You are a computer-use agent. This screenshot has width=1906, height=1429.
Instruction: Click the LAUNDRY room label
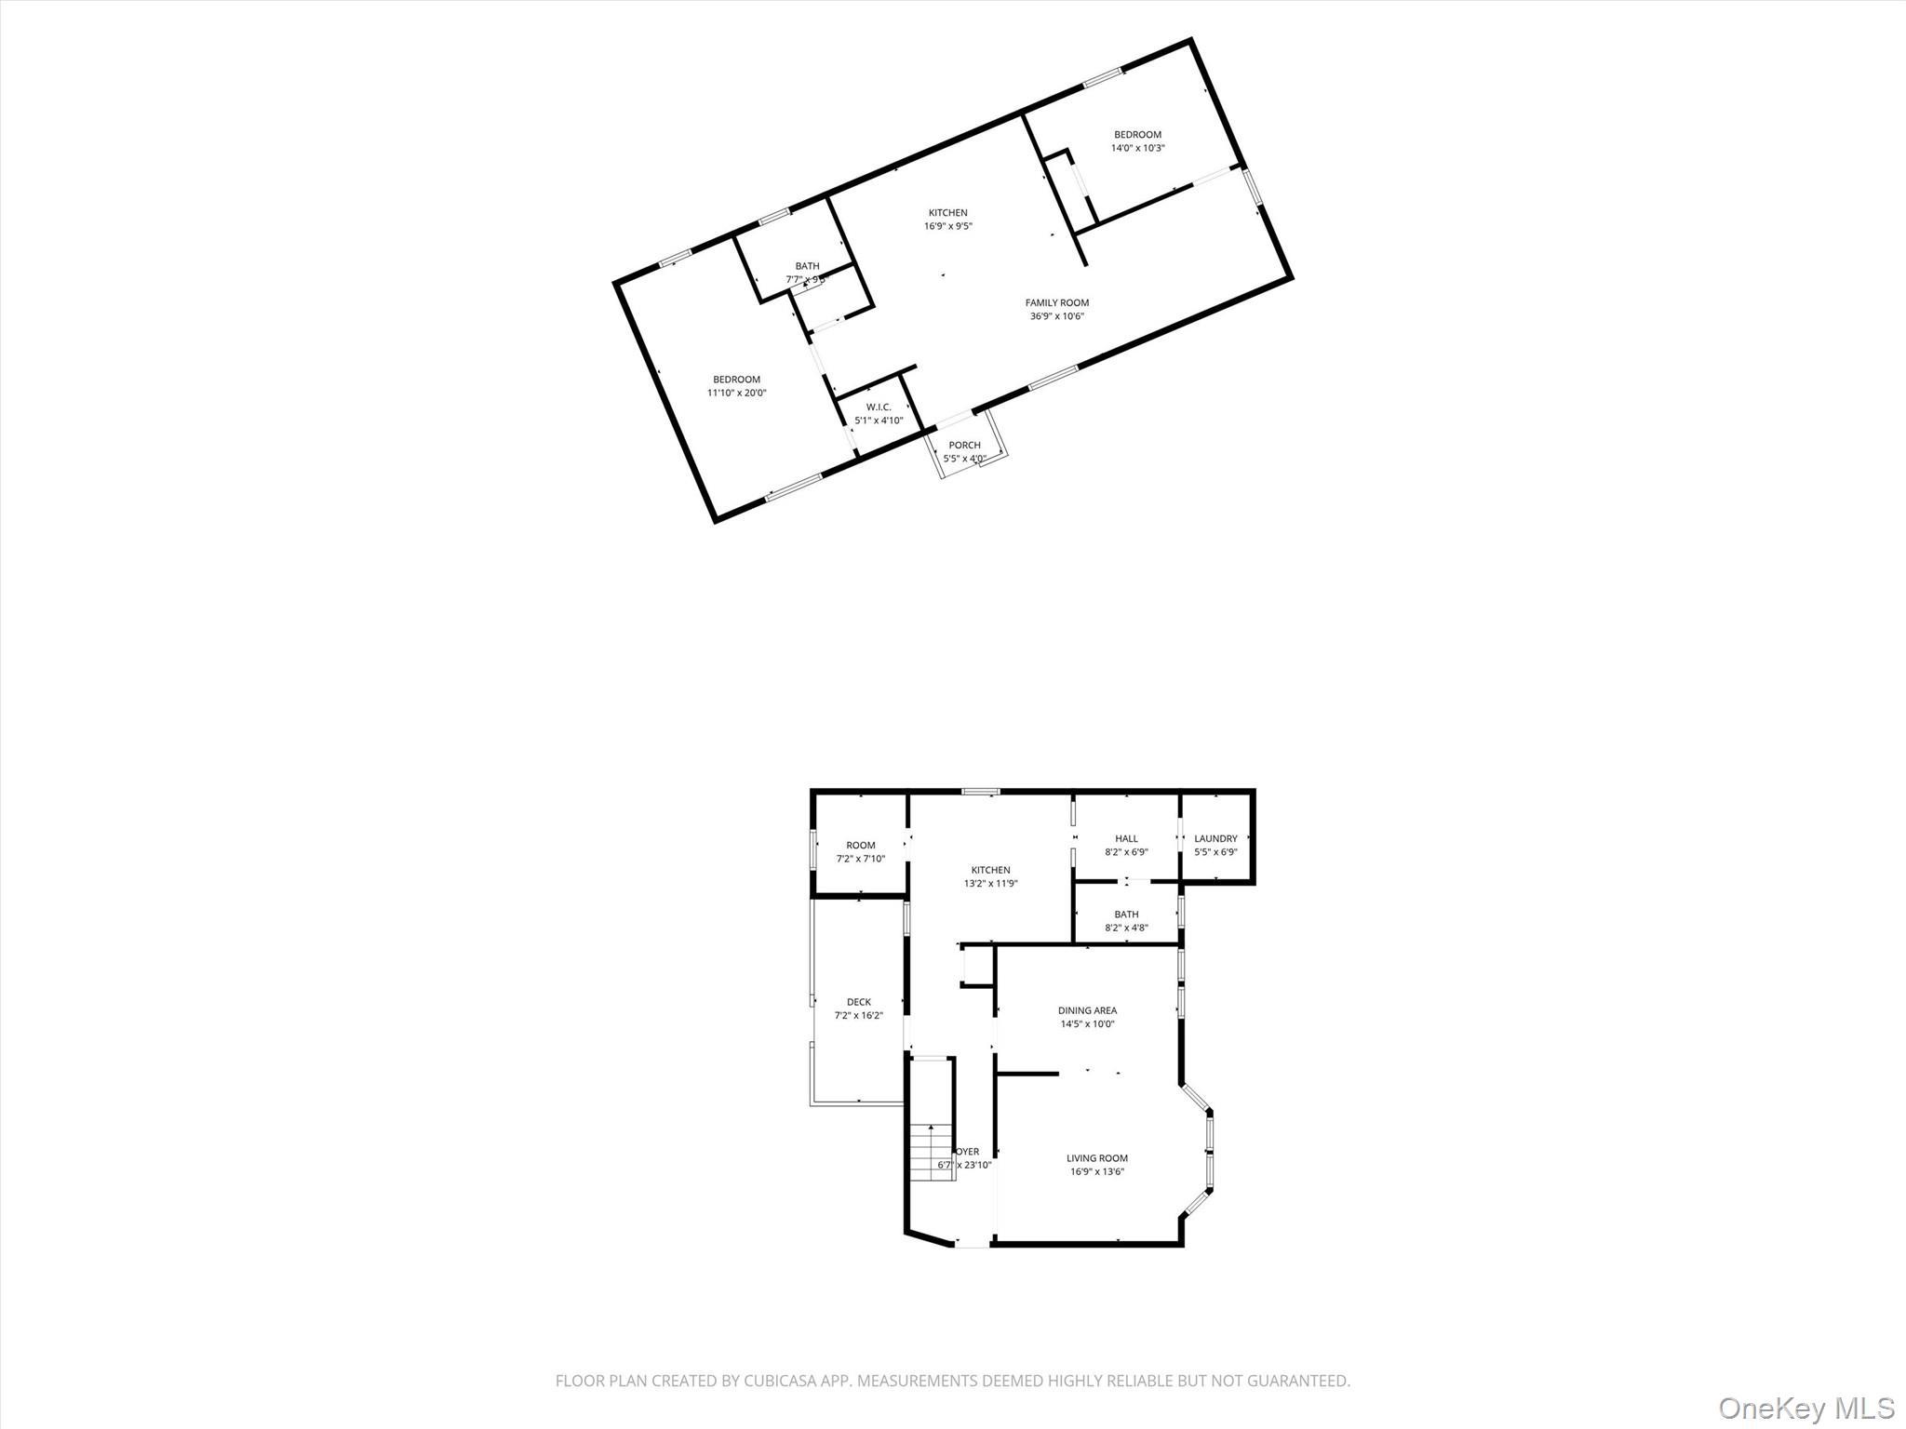point(1215,838)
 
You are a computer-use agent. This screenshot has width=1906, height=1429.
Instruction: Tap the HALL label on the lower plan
point(1126,838)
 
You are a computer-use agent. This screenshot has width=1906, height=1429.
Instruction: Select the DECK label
point(858,1002)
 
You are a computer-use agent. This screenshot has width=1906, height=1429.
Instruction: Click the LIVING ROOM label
point(1097,1158)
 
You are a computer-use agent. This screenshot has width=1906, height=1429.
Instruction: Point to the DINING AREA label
point(1087,1010)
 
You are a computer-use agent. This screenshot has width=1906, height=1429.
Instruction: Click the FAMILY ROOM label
point(1056,302)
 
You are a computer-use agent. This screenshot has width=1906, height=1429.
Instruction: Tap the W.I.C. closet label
point(879,407)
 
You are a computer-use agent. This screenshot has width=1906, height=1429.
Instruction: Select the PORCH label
point(964,445)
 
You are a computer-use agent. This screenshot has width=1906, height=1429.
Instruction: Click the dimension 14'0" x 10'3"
point(1137,148)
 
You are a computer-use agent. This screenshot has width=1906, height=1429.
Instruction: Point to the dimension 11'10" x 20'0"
point(736,393)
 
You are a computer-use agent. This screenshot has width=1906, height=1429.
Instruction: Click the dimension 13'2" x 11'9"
point(990,884)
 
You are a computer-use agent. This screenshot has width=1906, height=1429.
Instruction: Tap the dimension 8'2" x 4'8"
point(1126,927)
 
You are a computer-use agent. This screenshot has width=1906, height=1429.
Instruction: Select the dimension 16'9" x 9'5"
point(947,226)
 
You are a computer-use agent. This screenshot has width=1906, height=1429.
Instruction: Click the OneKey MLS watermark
point(1805,1408)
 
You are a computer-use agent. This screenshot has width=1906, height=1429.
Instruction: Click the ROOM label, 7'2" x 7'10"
point(860,846)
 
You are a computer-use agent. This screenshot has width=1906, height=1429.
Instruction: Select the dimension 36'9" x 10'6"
point(1056,316)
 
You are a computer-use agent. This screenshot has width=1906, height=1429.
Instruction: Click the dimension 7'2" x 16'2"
point(858,1016)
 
